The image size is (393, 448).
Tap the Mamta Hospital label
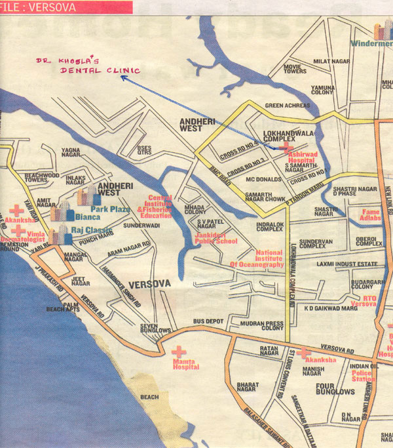pos(185,364)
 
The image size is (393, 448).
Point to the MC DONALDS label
pos(263,179)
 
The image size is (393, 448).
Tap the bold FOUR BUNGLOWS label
pos(335,387)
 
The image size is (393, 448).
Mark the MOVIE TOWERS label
pos(295,68)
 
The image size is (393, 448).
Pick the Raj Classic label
pos(92,231)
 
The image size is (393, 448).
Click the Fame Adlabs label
pos(370,214)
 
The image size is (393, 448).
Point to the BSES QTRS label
pos(144,150)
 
